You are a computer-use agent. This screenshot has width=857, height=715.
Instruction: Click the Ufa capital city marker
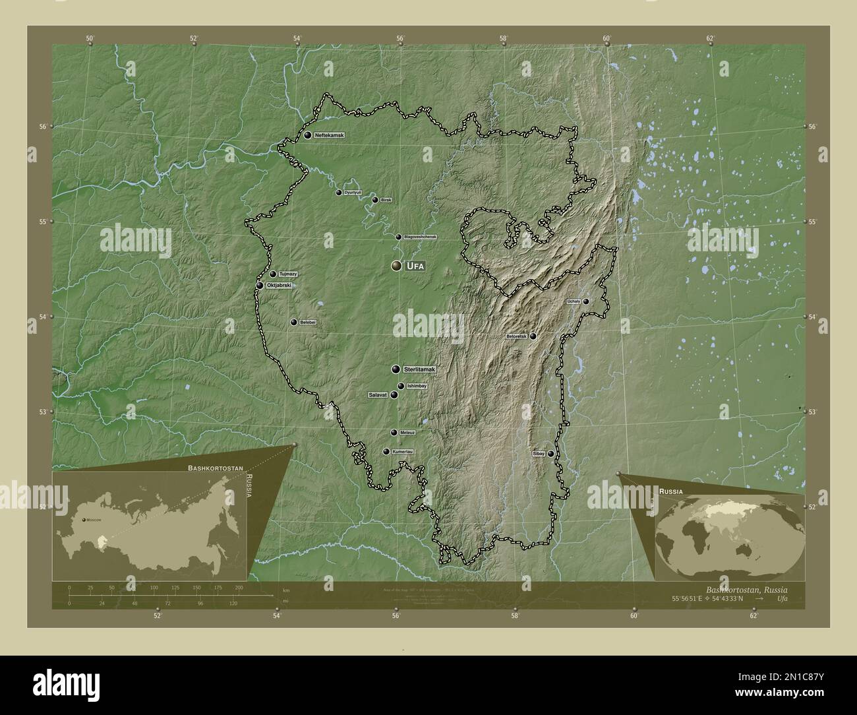[x=396, y=266]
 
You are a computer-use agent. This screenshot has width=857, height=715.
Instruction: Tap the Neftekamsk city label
[x=329, y=135]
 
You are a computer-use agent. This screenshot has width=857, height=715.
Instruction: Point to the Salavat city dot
[x=394, y=395]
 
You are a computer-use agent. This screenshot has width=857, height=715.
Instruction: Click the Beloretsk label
[x=516, y=336]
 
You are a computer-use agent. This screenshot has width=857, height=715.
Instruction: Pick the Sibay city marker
[x=550, y=454]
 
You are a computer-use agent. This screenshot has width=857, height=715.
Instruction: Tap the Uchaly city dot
[x=585, y=301]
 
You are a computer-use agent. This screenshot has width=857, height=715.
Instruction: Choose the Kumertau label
[x=402, y=452]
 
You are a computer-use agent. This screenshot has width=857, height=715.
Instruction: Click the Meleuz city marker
[x=394, y=433]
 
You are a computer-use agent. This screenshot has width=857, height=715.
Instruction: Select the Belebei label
[x=308, y=323]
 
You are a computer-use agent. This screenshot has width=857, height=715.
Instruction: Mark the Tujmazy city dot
[x=273, y=274]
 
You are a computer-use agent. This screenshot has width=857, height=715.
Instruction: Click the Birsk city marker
[x=375, y=200]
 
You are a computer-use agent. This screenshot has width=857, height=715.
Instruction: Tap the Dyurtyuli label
[x=353, y=193]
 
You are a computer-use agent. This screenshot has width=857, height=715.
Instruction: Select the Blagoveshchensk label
[x=421, y=237]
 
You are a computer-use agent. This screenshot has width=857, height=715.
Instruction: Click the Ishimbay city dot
[x=400, y=386]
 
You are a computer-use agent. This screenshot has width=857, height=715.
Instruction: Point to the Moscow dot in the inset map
[x=84, y=520]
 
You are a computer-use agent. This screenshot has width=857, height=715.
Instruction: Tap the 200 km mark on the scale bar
[x=239, y=587]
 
